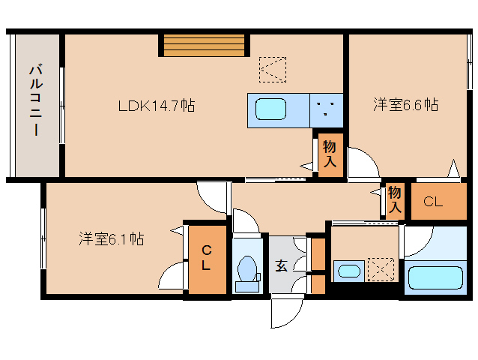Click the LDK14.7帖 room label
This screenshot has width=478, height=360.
[156, 106]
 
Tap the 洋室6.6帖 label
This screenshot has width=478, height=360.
[405, 105]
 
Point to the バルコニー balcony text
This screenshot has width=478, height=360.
[34, 101]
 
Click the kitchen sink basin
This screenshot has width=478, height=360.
[269, 110]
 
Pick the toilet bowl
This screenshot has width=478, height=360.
[246, 271]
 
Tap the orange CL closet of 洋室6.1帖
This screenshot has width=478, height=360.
[205, 257]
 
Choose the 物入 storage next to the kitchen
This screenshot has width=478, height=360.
[329, 154]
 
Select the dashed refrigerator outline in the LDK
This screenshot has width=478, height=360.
[272, 69]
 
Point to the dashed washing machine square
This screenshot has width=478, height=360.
[381, 268]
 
